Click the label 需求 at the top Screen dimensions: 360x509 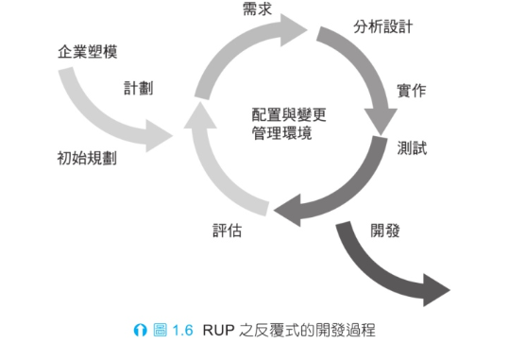click(257, 9)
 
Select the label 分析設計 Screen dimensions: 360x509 click(382, 26)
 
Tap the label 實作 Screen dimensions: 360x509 click(411, 91)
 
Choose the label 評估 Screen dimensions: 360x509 click(226, 230)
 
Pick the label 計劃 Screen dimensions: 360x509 click(139, 88)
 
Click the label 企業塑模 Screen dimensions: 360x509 click(88, 51)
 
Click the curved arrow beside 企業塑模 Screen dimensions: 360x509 click(104, 113)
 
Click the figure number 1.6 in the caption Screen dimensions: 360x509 click(182, 331)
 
